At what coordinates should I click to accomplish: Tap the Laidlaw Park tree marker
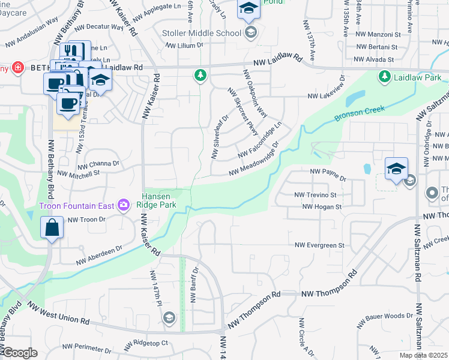click(384, 77)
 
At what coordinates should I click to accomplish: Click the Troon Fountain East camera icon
click(124, 206)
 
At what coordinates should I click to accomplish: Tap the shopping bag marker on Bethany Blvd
click(52, 229)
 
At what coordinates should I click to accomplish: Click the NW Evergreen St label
click(319, 245)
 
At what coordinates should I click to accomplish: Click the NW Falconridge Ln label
click(259, 140)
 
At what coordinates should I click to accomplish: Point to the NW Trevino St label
click(315, 195)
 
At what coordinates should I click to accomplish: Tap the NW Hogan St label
click(322, 207)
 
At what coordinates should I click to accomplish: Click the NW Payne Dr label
click(328, 175)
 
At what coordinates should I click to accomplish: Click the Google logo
click(19, 353)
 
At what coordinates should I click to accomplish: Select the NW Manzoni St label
click(378, 35)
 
